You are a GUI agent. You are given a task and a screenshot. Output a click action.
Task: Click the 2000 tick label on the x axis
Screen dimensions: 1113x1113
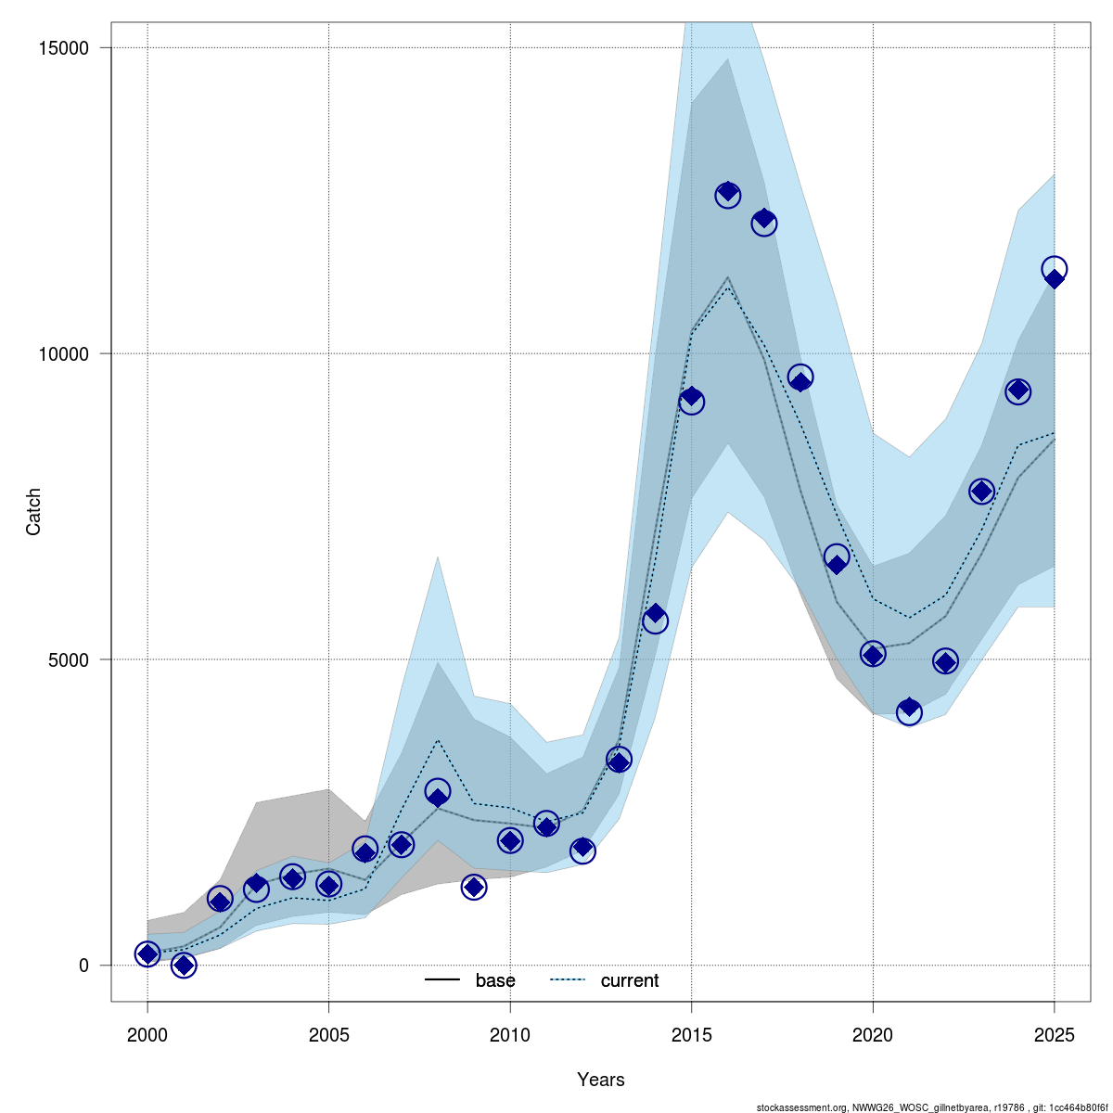click(x=147, y=1033)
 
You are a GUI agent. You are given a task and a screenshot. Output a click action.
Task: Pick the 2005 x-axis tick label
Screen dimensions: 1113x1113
click(x=328, y=1033)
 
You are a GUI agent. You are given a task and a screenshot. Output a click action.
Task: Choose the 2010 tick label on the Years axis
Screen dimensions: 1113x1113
click(x=510, y=1033)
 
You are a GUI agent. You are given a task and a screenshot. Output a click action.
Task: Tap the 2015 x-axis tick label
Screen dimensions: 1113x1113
click(x=691, y=1033)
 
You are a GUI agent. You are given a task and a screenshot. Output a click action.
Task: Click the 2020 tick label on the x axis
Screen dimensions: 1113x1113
click(x=873, y=1033)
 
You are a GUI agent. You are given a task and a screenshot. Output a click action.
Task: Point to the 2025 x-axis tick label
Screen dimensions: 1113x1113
click(x=1055, y=1033)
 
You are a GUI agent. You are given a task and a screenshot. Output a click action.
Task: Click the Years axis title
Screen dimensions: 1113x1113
click(x=601, y=1080)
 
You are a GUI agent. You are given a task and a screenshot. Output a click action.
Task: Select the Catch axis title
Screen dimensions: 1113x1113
click(x=34, y=512)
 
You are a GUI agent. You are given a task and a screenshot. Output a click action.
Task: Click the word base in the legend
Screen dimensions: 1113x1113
click(x=495, y=981)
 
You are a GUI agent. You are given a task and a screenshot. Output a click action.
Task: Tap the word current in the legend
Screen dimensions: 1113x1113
click(x=630, y=981)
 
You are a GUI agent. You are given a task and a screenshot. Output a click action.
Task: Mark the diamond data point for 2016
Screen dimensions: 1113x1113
click(x=728, y=192)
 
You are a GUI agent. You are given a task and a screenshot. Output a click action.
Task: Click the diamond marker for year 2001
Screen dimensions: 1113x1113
click(x=184, y=966)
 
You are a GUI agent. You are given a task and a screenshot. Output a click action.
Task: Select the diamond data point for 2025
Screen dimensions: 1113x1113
click(x=1055, y=278)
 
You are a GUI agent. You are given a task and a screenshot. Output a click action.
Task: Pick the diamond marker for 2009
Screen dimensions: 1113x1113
click(x=474, y=888)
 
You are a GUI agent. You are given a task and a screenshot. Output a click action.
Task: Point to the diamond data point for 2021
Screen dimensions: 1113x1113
click(x=909, y=708)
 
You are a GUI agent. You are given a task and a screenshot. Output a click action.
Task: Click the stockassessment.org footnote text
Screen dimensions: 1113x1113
click(x=932, y=1107)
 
